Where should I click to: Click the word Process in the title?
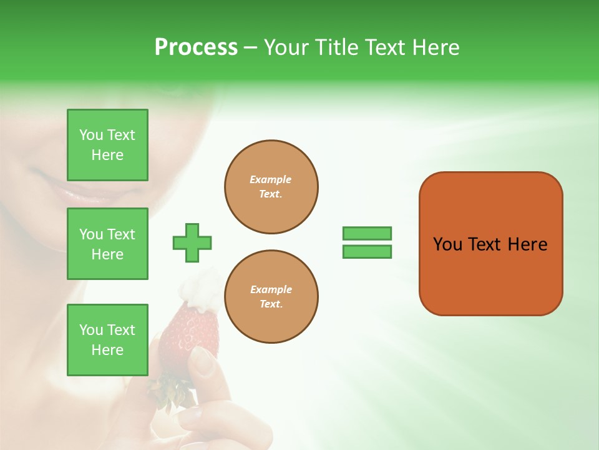click(x=196, y=47)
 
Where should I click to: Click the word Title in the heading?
click(x=336, y=47)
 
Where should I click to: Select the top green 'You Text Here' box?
click(x=107, y=145)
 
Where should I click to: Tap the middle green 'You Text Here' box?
click(x=107, y=244)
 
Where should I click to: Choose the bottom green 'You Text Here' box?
click(x=107, y=340)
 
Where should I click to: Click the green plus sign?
click(x=192, y=242)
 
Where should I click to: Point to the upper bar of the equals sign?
click(x=367, y=233)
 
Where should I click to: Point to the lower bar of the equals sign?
click(x=367, y=252)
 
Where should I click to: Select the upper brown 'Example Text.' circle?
click(x=271, y=187)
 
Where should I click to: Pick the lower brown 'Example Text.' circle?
click(x=271, y=297)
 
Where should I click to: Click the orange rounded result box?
click(x=490, y=275)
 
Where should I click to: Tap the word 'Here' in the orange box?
click(x=527, y=244)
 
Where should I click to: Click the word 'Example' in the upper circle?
click(x=271, y=179)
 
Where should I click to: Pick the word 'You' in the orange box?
click(x=447, y=244)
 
